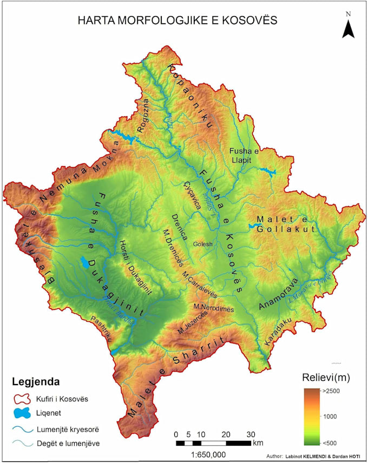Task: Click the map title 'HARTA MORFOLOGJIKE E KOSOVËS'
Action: click(x=178, y=21)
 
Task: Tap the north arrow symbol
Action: click(x=348, y=27)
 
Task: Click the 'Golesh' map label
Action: click(x=203, y=244)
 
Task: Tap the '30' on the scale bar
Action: click(x=250, y=434)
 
